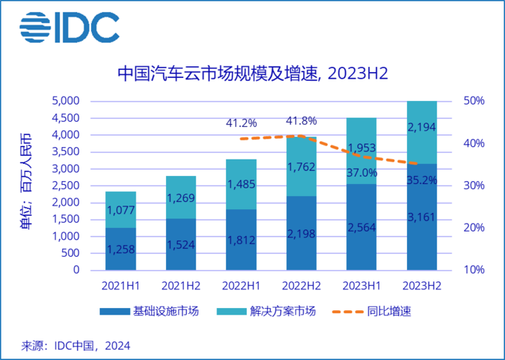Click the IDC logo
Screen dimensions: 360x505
(x=69, y=27)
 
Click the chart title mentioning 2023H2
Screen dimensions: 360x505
(x=252, y=74)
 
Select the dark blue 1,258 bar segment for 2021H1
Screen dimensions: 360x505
(x=120, y=249)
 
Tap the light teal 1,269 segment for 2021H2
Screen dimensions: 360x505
(x=180, y=197)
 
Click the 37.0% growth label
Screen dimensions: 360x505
(x=362, y=172)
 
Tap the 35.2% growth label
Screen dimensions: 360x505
(x=422, y=180)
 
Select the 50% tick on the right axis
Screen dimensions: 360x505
(x=474, y=101)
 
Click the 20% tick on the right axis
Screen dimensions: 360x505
(x=474, y=228)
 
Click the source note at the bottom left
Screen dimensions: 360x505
(x=75, y=346)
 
